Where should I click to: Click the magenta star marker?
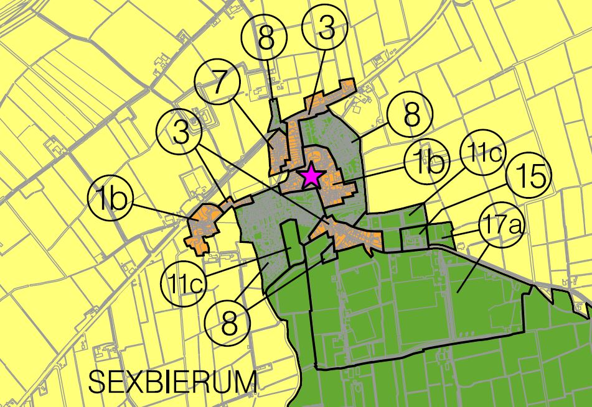click(310, 177)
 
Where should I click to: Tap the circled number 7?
click(217, 85)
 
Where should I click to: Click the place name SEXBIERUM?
click(172, 381)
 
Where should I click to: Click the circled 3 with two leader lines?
click(181, 134)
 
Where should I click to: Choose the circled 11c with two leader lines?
click(185, 283)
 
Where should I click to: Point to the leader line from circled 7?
click(249, 124)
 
